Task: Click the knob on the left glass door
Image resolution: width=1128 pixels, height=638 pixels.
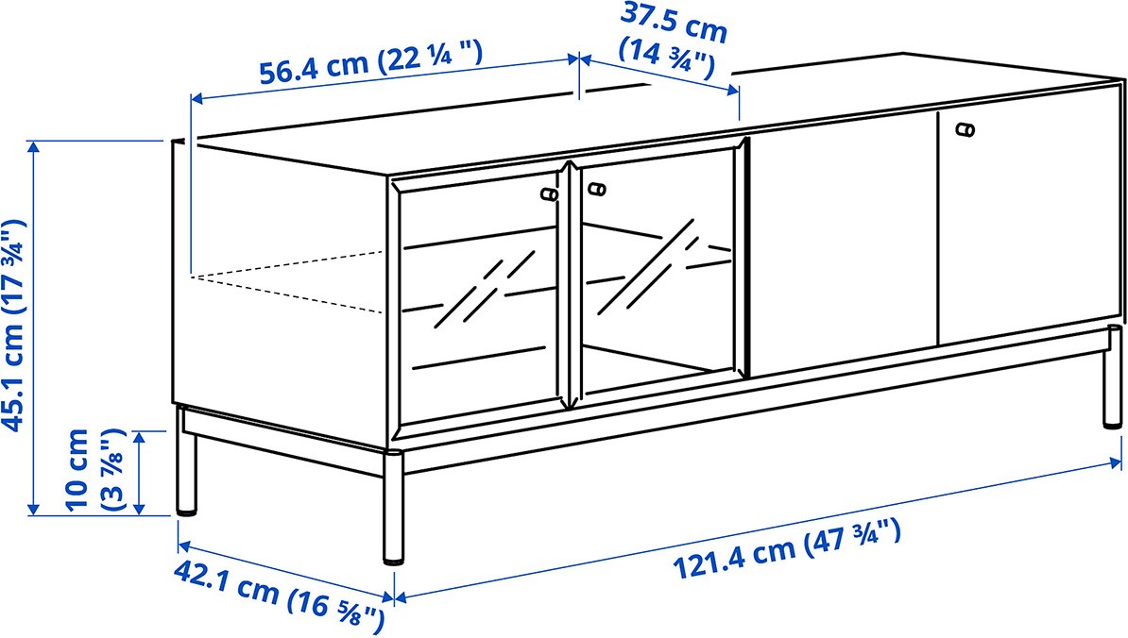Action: click(x=549, y=194)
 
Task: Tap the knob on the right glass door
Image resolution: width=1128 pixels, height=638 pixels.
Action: click(x=596, y=190)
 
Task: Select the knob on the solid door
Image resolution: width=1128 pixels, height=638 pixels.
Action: click(x=966, y=129)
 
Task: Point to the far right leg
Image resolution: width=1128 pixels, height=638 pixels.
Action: click(x=1113, y=377)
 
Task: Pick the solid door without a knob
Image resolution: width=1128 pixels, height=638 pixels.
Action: click(x=843, y=244)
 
